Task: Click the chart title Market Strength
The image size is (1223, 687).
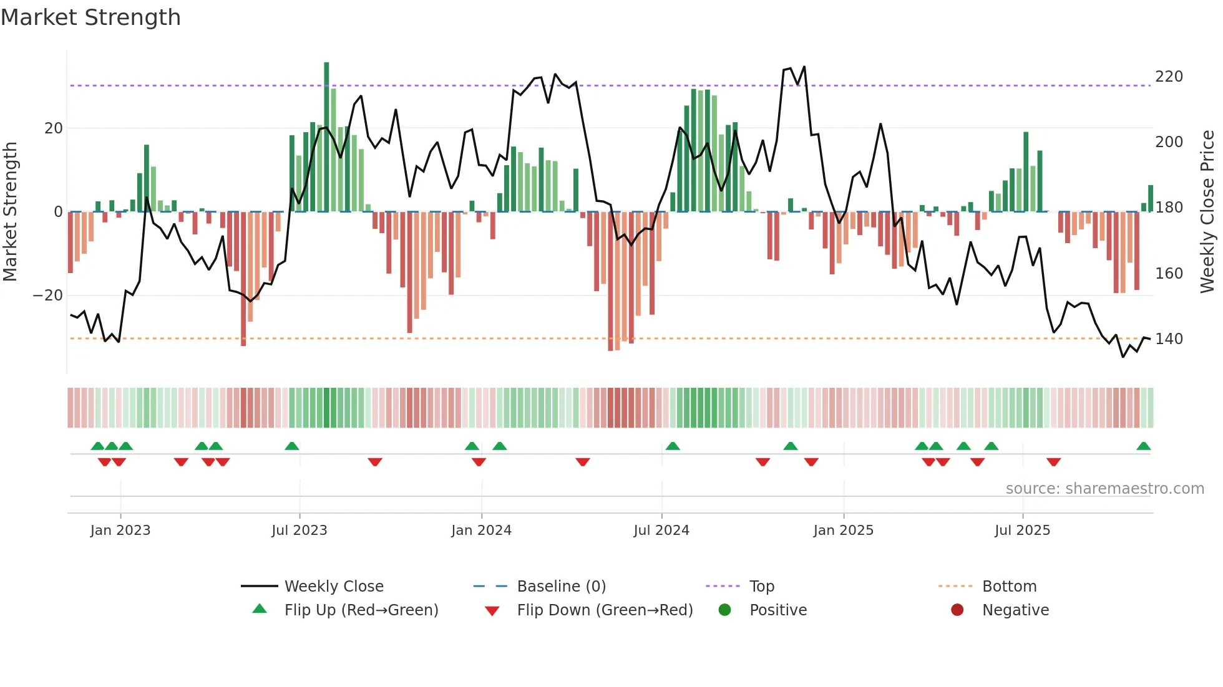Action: point(90,17)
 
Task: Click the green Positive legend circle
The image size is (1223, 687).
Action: point(724,610)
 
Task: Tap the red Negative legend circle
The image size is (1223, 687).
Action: point(957,610)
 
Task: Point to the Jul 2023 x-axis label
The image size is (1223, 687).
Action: point(300,530)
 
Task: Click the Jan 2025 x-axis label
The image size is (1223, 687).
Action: point(844,530)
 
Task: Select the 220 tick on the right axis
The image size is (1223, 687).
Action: point(1169,77)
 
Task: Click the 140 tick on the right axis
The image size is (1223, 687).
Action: point(1169,339)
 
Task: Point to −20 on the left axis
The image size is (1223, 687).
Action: point(48,295)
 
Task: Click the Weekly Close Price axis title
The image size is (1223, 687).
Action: point(1207,212)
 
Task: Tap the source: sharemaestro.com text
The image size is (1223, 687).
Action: point(1104,488)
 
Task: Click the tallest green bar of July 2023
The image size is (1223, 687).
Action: point(326,137)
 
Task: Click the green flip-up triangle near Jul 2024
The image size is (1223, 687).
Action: point(673,446)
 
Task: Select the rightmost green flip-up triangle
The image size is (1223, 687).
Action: point(1143,446)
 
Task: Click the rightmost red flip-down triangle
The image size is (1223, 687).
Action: point(1053,462)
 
